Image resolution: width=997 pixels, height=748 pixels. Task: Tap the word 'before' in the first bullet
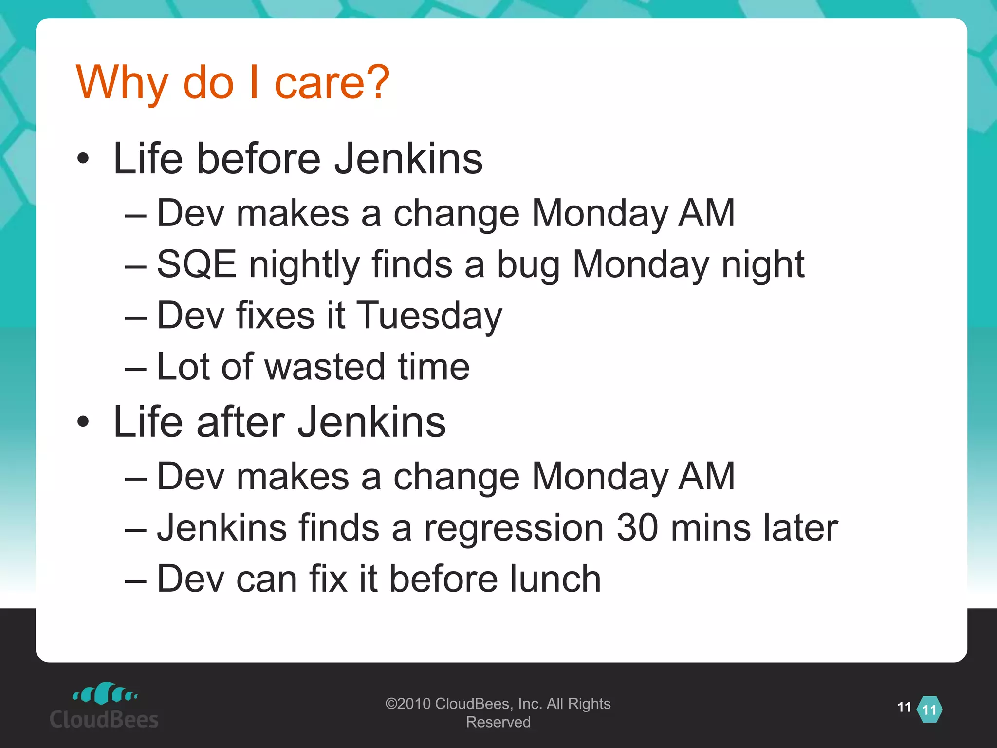pos(258,159)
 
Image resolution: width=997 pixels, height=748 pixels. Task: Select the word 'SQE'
pos(197,264)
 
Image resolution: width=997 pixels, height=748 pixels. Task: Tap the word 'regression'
pos(514,528)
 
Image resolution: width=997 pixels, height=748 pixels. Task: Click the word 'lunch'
pos(555,579)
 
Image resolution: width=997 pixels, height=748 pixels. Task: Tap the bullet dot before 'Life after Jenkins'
pos(83,422)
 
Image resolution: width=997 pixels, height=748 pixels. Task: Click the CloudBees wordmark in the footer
pos(104,719)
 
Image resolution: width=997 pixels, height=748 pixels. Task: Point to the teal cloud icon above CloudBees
pos(105,693)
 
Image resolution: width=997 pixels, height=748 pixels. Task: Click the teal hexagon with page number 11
pos(929,710)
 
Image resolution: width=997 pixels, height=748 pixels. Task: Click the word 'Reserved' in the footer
pos(498,722)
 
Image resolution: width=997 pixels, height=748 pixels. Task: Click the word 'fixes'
pos(276,316)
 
